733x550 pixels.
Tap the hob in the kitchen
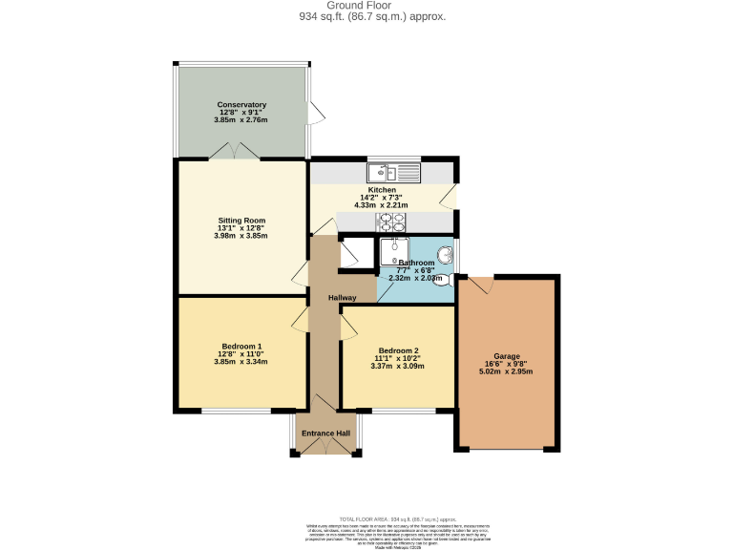(x=390, y=222)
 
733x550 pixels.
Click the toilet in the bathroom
(x=449, y=278)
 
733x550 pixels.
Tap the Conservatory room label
(x=241, y=104)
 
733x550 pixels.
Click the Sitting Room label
(x=241, y=220)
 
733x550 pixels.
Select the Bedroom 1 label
(x=241, y=346)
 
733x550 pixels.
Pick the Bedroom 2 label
(x=398, y=350)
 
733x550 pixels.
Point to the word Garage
(x=507, y=354)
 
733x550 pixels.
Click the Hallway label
(x=343, y=298)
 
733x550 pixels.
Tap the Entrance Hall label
(x=325, y=434)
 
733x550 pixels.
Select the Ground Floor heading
(x=366, y=6)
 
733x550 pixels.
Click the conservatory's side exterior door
(x=315, y=114)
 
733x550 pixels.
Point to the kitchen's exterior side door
(x=450, y=198)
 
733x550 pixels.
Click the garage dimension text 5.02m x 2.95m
(x=507, y=370)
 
